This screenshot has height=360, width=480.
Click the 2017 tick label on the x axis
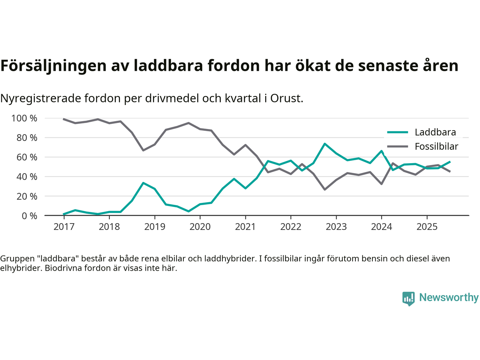tap(64, 226)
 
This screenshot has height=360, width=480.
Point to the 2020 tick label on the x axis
tap(200, 226)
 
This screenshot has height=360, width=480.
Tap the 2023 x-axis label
tap(336, 226)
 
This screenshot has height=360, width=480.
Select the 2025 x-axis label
tap(427, 226)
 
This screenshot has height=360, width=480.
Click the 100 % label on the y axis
tap(24, 118)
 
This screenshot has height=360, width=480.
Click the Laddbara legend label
tap(435, 132)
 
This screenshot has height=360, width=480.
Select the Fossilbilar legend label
tap(436, 146)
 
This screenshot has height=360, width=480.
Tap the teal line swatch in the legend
tap(397, 132)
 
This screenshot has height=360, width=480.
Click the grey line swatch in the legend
tap(397, 146)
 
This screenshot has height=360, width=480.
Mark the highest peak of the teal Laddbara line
tap(325, 144)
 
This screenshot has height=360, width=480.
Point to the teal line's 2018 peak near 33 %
tap(143, 183)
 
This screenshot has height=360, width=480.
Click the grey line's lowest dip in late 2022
tap(325, 189)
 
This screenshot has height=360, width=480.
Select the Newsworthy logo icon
tap(408, 298)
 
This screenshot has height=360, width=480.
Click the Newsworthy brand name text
tap(448, 297)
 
